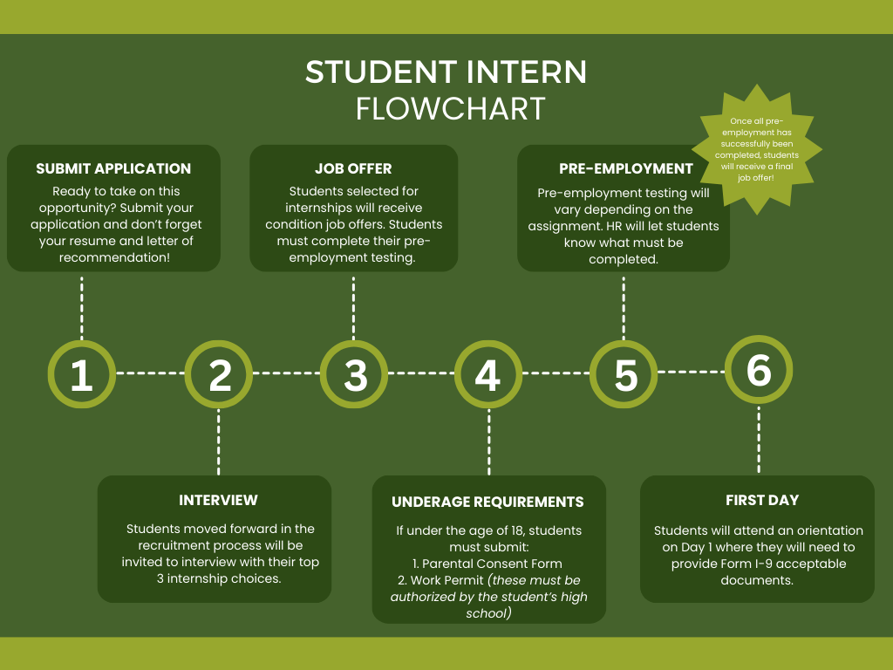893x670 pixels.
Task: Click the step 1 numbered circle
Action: pyautogui.click(x=82, y=373)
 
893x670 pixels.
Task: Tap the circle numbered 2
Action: pyautogui.click(x=219, y=373)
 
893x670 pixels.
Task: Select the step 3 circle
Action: pyautogui.click(x=354, y=373)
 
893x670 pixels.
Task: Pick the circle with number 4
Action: pyautogui.click(x=488, y=373)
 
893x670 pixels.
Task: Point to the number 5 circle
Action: pyautogui.click(x=624, y=373)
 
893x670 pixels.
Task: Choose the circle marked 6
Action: pyautogui.click(x=759, y=370)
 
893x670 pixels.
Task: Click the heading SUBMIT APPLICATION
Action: pyautogui.click(x=113, y=168)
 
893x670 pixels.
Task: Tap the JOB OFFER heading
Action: pyautogui.click(x=353, y=168)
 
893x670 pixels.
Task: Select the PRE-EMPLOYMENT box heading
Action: pyautogui.click(x=626, y=168)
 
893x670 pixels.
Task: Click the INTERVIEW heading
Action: pyautogui.click(x=218, y=500)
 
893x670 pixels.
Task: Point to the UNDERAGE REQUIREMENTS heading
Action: pyautogui.click(x=487, y=502)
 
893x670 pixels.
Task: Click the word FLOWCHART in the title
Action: pyautogui.click(x=451, y=108)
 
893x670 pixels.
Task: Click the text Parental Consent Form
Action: pyautogui.click(x=493, y=564)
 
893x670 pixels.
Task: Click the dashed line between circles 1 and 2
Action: pyautogui.click(x=150, y=373)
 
